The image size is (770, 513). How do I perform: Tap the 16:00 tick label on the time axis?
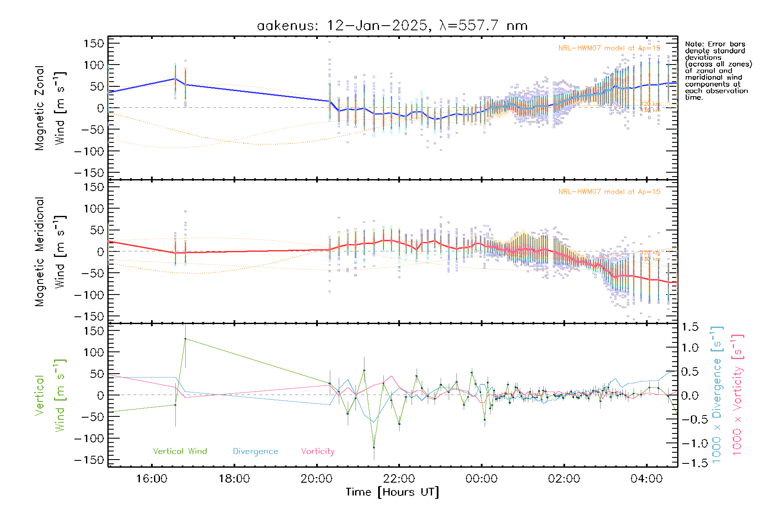tap(151, 478)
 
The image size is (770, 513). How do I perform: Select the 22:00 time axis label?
tap(399, 478)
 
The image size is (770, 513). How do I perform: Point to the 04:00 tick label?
tap(646, 478)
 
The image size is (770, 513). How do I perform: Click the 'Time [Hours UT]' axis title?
tap(392, 492)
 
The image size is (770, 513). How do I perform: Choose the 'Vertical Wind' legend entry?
tap(180, 451)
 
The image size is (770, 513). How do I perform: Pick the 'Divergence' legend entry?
tap(255, 451)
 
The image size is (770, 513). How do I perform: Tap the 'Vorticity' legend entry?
tap(317, 451)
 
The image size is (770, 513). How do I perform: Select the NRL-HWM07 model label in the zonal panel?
tap(609, 48)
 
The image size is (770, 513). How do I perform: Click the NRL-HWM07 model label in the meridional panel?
tap(609, 192)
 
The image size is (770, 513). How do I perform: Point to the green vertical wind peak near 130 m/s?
tap(185, 339)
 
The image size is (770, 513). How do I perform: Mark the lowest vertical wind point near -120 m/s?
tap(374, 447)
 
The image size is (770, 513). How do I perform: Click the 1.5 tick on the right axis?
tap(690, 327)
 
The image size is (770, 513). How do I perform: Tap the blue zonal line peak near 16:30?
tap(175, 79)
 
